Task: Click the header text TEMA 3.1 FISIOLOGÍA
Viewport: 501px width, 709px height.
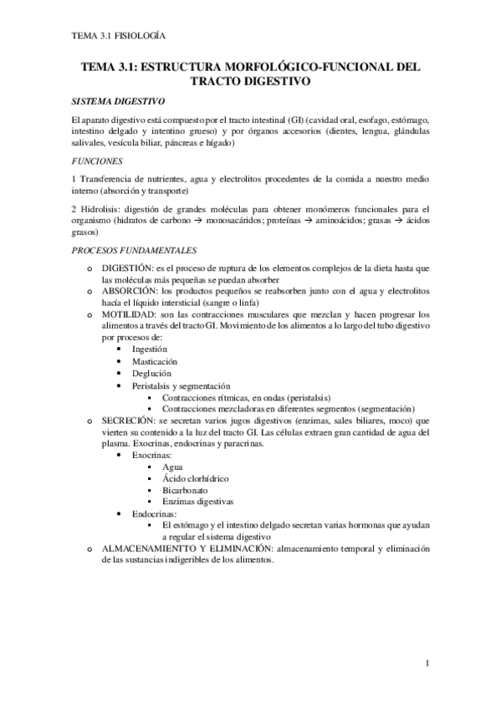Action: (117, 37)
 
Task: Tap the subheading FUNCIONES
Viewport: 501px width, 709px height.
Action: (98, 160)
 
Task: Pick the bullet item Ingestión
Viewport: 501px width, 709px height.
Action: (150, 349)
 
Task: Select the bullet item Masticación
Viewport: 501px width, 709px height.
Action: (154, 361)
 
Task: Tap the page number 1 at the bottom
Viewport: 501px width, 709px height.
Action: (427, 665)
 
